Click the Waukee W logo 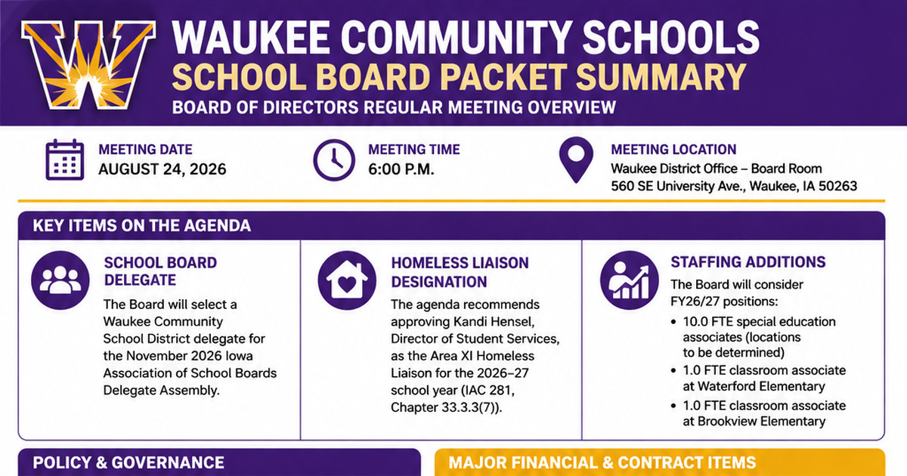click(88, 65)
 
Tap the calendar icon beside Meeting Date click(65, 159)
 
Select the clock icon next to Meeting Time click(334, 160)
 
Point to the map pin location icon click(576, 159)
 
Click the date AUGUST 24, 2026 click(162, 169)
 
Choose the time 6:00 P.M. click(401, 169)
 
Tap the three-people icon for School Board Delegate click(60, 280)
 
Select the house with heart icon click(347, 280)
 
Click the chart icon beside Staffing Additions click(630, 280)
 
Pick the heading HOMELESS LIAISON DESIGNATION click(460, 273)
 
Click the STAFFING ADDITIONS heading click(748, 262)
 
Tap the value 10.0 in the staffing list click(695, 322)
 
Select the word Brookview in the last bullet click(726, 422)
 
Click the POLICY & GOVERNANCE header click(128, 462)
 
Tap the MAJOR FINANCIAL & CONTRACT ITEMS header click(602, 462)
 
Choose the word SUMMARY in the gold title click(661, 77)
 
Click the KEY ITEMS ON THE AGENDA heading click(142, 225)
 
